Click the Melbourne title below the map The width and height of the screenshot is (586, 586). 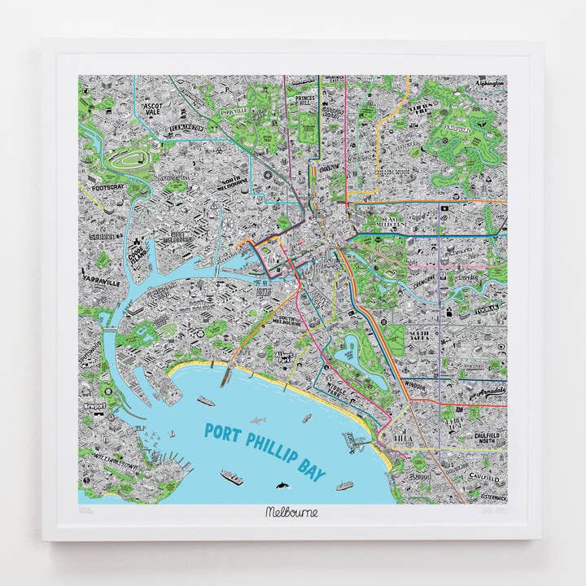coord(291,513)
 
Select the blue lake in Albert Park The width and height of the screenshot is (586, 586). coord(348,350)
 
